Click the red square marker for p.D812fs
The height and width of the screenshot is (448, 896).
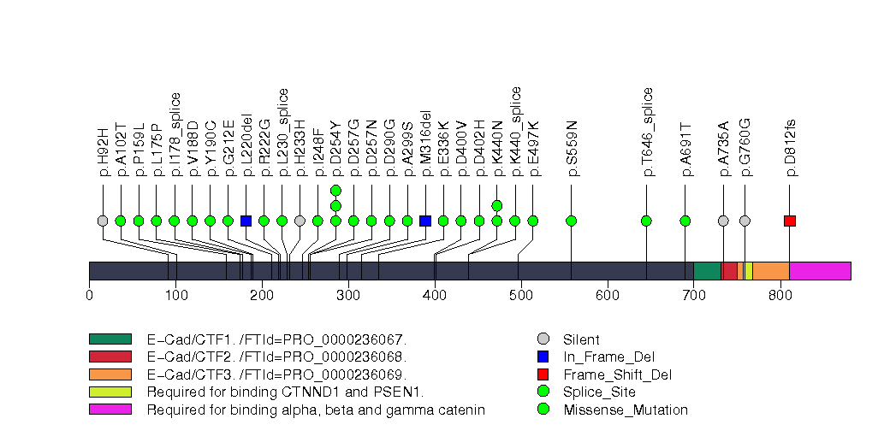coord(790,221)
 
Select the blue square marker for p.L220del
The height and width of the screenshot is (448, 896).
coord(246,221)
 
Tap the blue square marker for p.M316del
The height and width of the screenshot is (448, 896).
coord(425,221)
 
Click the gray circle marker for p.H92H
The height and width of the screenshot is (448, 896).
coord(103,221)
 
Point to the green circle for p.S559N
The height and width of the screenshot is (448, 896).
coord(572,221)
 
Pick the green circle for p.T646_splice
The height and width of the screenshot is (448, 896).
coord(646,221)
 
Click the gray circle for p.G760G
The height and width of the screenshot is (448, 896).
coord(745,221)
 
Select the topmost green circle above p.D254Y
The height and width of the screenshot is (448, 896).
coord(335,190)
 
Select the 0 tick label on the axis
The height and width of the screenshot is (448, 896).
coord(89,296)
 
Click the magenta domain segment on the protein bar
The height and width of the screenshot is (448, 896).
coord(820,271)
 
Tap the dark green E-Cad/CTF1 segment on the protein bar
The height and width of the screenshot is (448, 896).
coord(707,271)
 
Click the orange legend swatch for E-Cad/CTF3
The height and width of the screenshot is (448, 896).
coord(110,374)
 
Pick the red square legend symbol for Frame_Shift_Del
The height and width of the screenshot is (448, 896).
coord(543,374)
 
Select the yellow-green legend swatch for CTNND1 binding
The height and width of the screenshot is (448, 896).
coord(110,392)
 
